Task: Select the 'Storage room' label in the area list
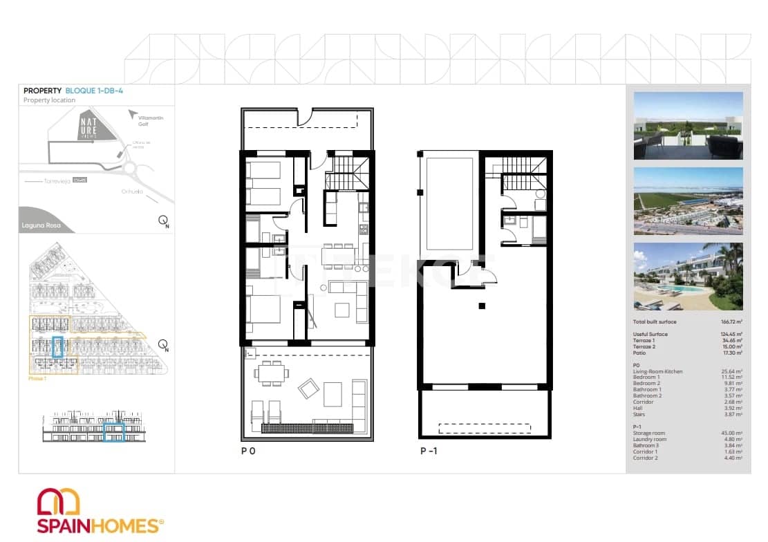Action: coord(648,433)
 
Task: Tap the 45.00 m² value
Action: coord(733,433)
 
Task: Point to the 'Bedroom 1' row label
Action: coord(646,377)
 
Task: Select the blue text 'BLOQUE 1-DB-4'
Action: coord(94,91)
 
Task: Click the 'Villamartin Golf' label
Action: coord(151,122)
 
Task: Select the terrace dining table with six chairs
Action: coord(272,373)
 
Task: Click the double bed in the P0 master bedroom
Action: coord(263,313)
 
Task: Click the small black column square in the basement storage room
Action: coord(482,306)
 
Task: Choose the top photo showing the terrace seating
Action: coord(688,126)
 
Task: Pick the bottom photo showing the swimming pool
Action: coord(688,276)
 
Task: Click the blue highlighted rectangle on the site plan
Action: coord(58,346)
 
